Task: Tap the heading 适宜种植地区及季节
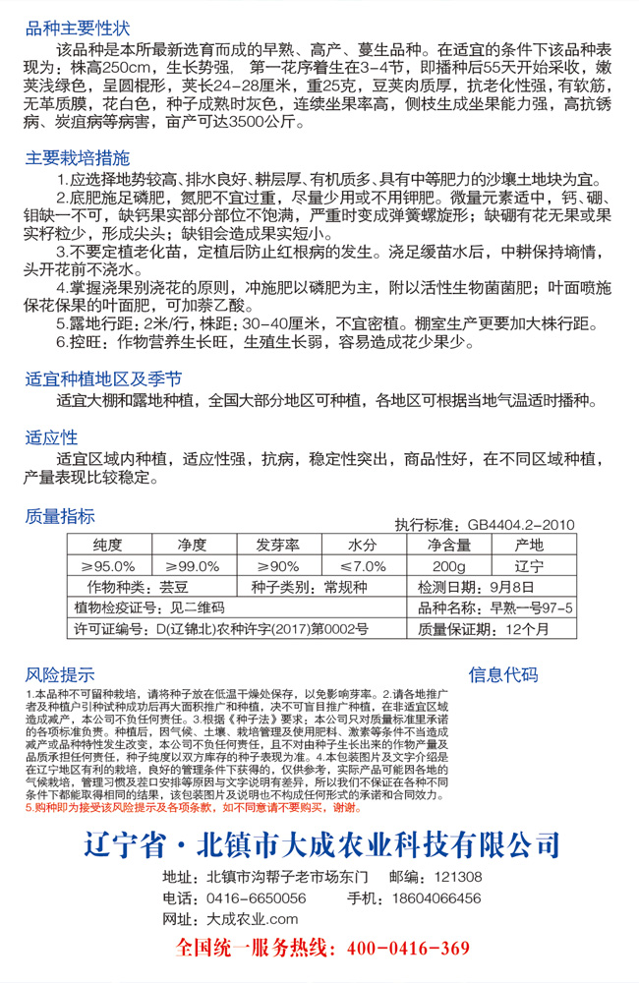(x=103, y=378)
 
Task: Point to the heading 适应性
(x=51, y=436)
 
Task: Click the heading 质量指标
(x=61, y=517)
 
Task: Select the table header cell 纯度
(x=107, y=545)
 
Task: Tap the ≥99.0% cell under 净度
(x=193, y=566)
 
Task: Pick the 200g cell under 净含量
(x=447, y=566)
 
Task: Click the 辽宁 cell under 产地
(x=529, y=566)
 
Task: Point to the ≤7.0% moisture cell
(x=363, y=566)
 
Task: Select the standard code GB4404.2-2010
(x=521, y=525)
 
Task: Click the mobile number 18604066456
(x=435, y=897)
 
